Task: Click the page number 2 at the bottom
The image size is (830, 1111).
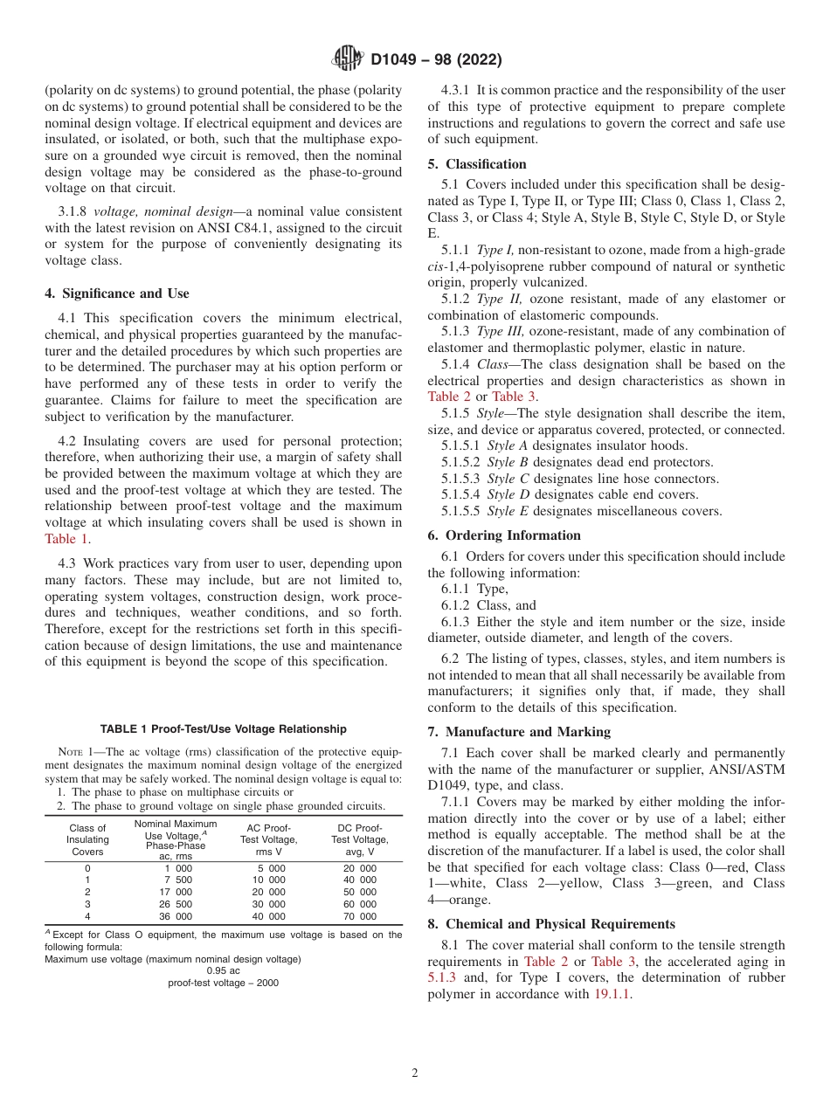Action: (415, 1073)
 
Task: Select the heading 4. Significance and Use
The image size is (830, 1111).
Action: (117, 293)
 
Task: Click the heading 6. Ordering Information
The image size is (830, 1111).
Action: (504, 535)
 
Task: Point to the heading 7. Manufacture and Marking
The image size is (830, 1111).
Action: (519, 732)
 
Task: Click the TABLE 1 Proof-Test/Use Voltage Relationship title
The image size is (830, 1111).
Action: (223, 729)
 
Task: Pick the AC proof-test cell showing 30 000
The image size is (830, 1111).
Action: (269, 904)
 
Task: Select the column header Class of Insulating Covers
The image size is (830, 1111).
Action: (87, 839)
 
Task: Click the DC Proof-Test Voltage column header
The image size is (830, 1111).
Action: (359, 839)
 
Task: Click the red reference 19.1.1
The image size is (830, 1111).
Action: (612, 994)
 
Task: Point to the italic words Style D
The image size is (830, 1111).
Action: (501, 495)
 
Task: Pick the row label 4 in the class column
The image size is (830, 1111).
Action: (87, 916)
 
